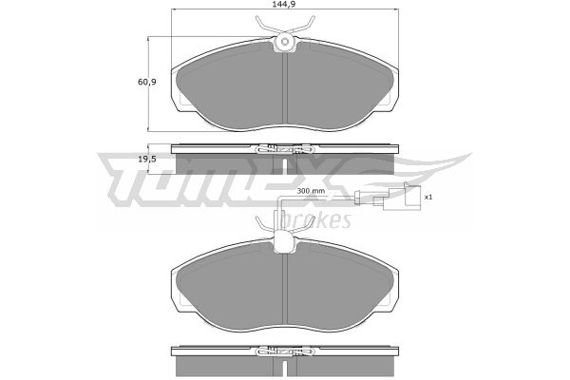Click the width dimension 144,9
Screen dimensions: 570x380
[284, 5]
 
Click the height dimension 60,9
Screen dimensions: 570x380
[147, 82]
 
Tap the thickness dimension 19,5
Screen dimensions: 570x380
[147, 159]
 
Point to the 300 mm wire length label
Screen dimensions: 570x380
[311, 191]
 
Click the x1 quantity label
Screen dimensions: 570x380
[428, 197]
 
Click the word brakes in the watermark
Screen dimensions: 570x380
[316, 219]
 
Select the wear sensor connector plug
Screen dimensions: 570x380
[397, 199]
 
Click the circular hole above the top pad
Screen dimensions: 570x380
[285, 42]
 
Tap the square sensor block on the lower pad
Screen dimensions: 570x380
[284, 242]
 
